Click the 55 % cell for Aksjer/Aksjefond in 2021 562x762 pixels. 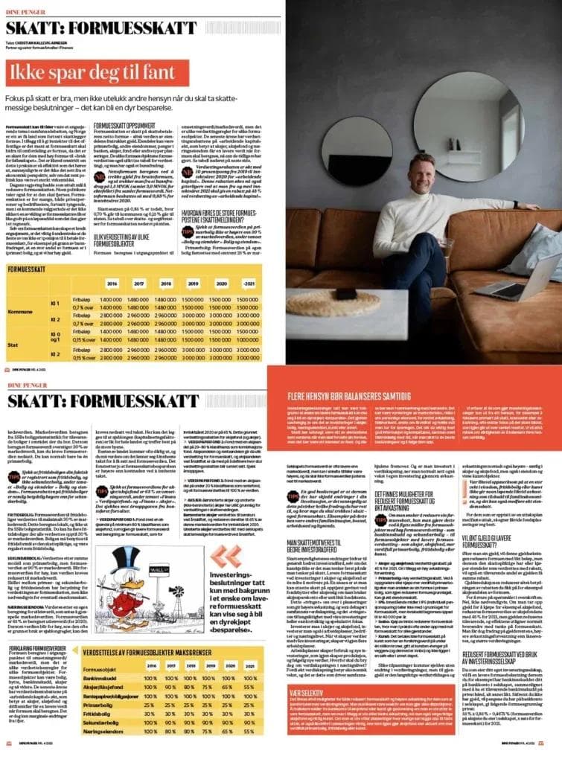pos(257,685)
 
